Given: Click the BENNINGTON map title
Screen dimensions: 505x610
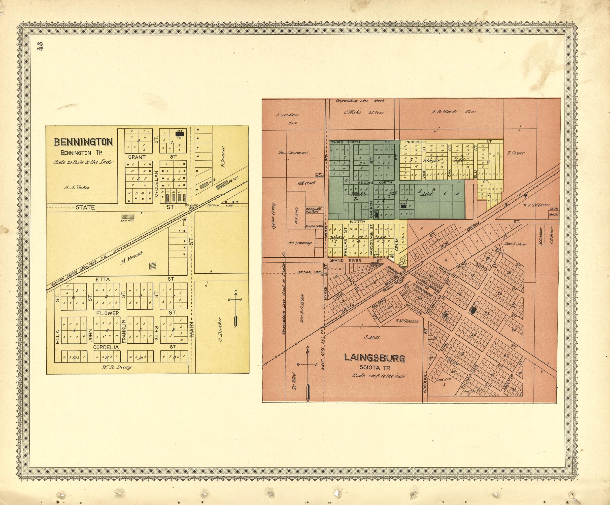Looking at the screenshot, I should (x=83, y=142).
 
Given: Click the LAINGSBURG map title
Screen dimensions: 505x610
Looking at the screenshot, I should (x=375, y=358).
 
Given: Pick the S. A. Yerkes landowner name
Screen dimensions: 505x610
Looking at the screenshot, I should (x=77, y=187).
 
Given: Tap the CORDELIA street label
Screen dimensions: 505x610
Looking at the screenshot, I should (x=106, y=347).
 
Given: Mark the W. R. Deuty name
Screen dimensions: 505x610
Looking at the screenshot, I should (x=116, y=367).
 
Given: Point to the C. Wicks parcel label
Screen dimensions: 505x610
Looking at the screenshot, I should (x=363, y=112).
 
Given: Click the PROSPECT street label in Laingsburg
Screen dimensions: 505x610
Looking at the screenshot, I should (x=416, y=142).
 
